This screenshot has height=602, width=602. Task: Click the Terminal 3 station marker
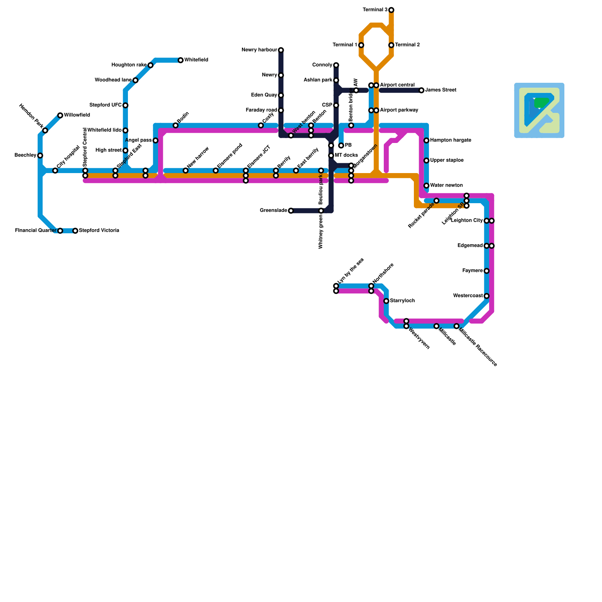(x=391, y=10)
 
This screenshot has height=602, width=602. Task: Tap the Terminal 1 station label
(x=345, y=45)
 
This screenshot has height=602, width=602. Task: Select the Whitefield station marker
(x=181, y=60)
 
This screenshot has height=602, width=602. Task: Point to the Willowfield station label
(x=77, y=115)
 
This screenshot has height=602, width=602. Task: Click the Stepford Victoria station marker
(x=75, y=231)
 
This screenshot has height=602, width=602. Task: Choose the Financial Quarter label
(x=35, y=231)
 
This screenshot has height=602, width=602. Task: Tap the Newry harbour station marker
(x=281, y=50)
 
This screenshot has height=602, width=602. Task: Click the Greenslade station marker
(x=291, y=211)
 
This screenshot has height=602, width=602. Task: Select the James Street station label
(x=441, y=90)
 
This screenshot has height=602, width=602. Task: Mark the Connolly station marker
(x=336, y=65)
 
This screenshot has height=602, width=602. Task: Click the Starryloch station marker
(x=386, y=301)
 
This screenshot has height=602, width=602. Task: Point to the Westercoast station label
(x=468, y=296)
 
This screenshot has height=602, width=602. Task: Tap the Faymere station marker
(x=486, y=271)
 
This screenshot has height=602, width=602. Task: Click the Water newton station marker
(x=426, y=185)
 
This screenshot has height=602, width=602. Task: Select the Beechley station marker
(x=40, y=155)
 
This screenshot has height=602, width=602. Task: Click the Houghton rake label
(x=129, y=65)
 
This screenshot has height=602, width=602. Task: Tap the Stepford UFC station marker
(x=125, y=105)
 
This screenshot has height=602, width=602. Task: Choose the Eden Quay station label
(x=264, y=95)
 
